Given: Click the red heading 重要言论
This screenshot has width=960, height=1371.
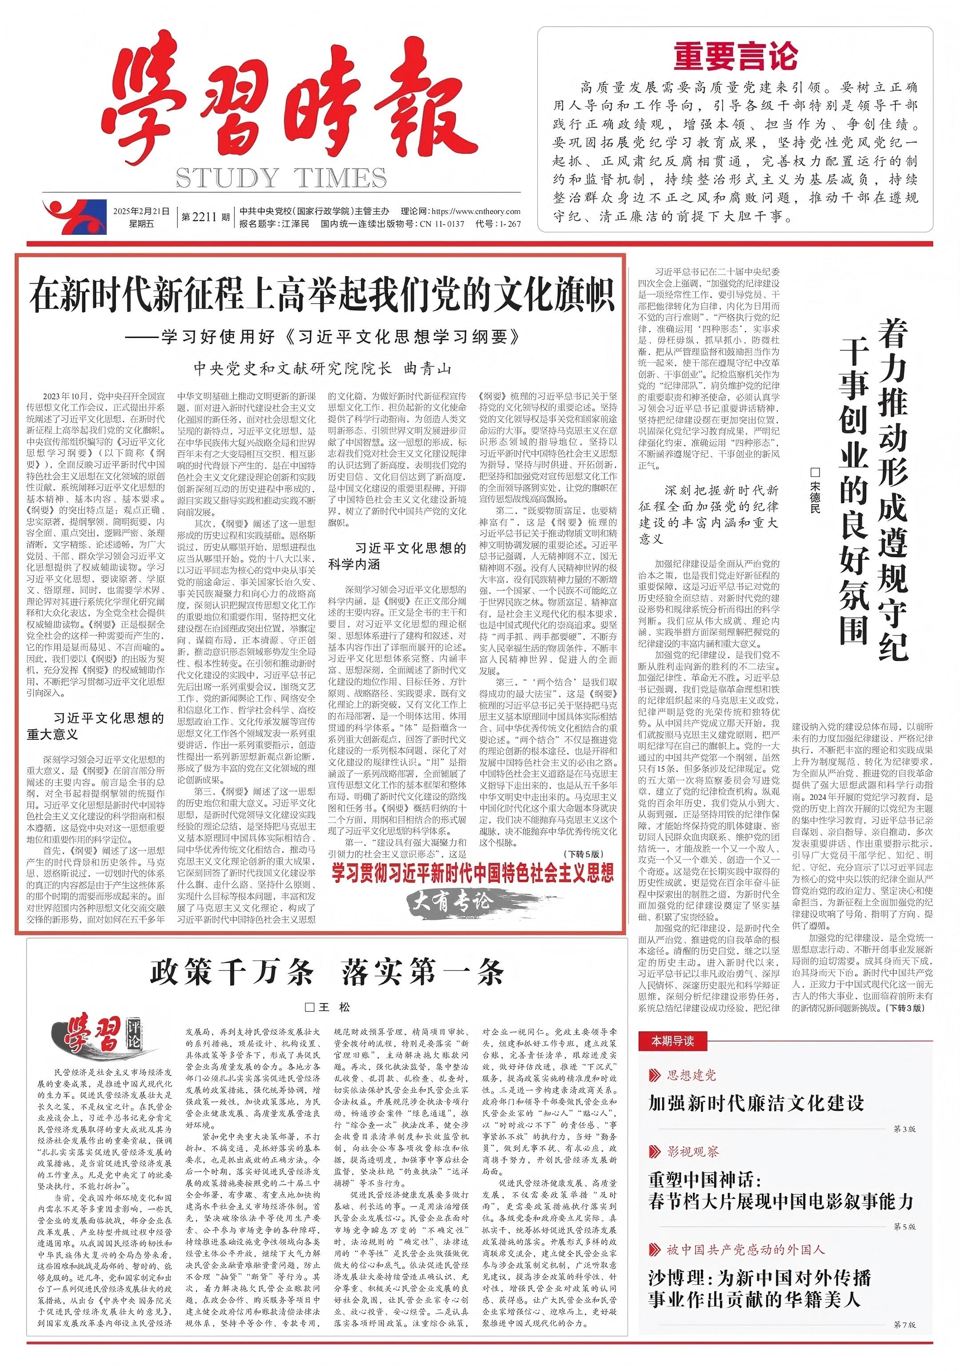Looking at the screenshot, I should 736,57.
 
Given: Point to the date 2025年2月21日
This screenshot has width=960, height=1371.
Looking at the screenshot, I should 141,211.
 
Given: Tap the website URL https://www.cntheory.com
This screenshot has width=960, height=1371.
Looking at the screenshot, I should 475,211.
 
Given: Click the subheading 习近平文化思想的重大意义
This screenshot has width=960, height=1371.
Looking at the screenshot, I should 96,726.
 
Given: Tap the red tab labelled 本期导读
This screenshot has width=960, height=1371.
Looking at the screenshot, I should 673,1041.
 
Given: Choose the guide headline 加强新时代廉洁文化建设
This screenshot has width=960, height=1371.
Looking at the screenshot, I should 756,1102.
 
